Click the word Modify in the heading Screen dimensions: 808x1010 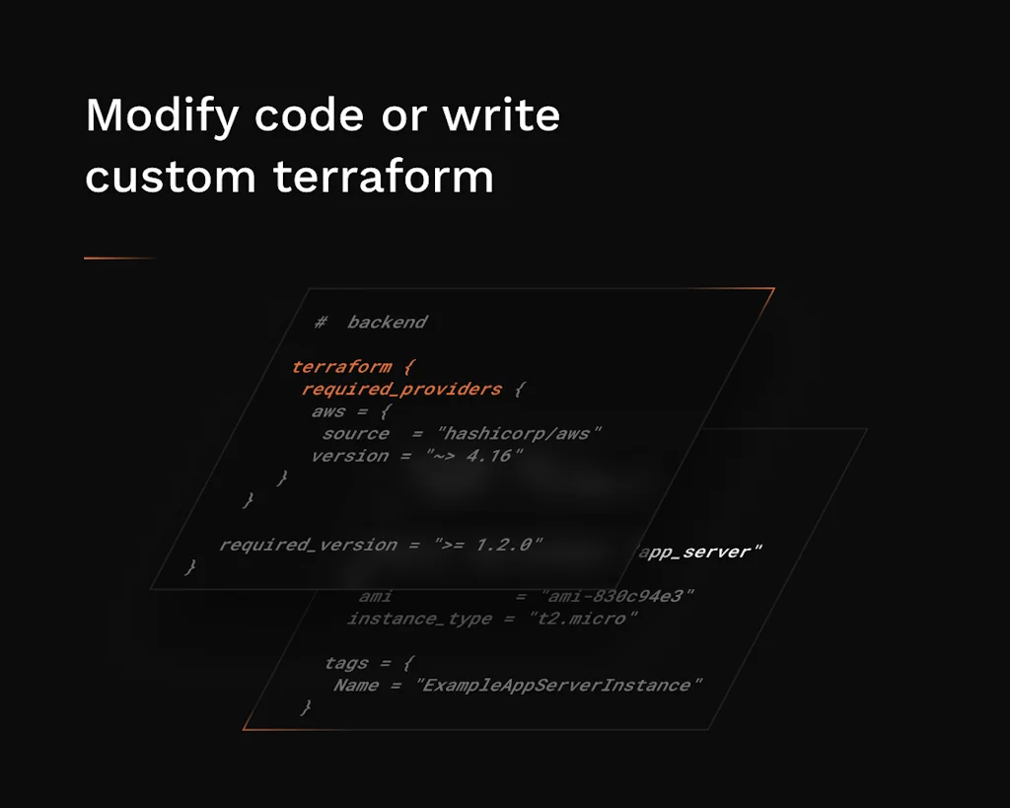(162, 117)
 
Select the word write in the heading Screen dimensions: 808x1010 (501, 115)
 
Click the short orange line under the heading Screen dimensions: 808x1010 (119, 258)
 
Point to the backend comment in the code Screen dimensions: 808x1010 (387, 322)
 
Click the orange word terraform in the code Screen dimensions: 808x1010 (341, 367)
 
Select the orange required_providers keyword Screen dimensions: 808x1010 (401, 390)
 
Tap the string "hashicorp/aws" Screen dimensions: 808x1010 (520, 433)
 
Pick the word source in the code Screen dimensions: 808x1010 (355, 433)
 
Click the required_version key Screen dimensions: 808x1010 (308, 545)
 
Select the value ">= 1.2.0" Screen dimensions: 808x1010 (488, 545)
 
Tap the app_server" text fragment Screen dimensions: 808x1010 (701, 551)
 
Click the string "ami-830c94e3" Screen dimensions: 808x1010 (618, 596)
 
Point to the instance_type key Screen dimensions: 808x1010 (419, 619)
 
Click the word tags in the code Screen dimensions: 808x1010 (346, 663)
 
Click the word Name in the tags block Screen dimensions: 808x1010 (356, 685)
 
